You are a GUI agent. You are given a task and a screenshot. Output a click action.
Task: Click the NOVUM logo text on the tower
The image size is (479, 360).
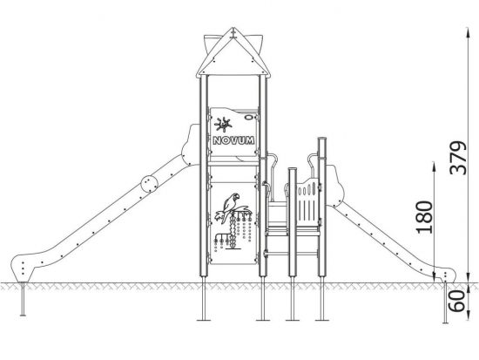(233, 140)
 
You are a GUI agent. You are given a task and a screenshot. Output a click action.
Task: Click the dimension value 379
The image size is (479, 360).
(459, 158)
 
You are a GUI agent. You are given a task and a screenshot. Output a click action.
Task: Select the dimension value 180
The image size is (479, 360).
(425, 217)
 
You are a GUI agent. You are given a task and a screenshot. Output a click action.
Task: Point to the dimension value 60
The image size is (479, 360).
(457, 301)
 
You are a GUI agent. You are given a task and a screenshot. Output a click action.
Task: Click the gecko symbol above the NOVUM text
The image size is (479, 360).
(223, 125)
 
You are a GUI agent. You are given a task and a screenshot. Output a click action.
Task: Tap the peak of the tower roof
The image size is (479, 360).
(233, 29)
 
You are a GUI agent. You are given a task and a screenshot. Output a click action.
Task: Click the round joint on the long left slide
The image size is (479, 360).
(150, 184)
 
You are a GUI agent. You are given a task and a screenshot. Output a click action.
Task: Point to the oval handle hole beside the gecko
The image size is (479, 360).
(249, 117)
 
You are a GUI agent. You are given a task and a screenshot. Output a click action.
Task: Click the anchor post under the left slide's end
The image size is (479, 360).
(23, 298)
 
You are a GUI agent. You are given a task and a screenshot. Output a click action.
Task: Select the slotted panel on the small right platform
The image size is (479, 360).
(308, 202)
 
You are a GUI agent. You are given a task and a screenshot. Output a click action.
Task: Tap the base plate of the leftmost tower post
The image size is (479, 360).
(204, 320)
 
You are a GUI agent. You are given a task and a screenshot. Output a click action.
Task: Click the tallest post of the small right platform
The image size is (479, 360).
(322, 207)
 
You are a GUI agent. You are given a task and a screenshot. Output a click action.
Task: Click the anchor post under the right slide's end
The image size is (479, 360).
(445, 302)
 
